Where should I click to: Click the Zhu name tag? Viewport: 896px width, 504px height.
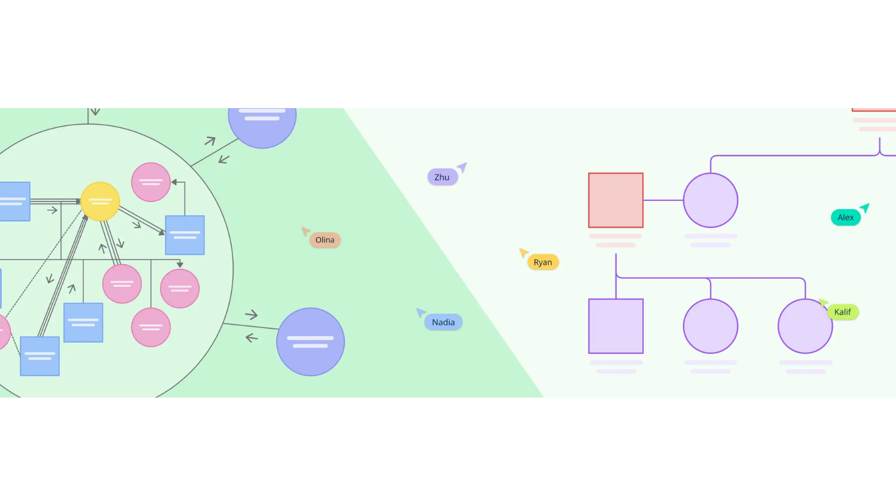point(442,178)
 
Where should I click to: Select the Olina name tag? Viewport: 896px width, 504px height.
point(325,240)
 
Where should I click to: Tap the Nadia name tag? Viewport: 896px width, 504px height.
point(443,323)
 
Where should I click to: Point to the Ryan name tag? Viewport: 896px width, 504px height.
point(543,263)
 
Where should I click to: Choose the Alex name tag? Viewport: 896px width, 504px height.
point(846,218)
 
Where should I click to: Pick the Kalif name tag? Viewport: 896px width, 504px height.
point(842,312)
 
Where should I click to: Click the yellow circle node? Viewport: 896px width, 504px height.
point(100,202)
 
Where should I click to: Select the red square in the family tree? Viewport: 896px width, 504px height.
point(615,200)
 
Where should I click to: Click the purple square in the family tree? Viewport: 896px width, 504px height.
point(615,326)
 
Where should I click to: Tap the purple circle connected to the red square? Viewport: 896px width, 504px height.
point(710,200)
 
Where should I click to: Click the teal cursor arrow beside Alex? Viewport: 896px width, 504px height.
point(865,208)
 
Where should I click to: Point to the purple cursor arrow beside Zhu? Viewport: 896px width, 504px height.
point(463,167)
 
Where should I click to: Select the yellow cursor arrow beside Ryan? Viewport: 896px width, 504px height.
point(524,253)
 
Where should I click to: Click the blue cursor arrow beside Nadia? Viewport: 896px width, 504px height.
point(421,312)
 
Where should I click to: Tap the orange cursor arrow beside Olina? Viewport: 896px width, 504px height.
point(305,231)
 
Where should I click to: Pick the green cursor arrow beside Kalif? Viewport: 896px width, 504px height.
point(823,303)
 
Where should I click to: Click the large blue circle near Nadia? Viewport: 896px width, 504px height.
point(310,342)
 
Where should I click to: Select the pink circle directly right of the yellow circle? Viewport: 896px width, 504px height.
point(151,182)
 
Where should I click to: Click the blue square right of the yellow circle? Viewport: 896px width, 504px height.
point(185,235)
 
